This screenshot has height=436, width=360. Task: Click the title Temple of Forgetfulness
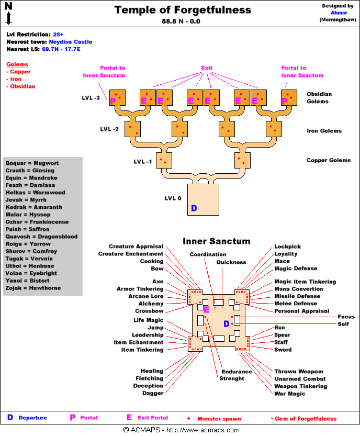(x=183, y=10)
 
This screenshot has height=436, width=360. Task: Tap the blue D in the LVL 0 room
(x=194, y=208)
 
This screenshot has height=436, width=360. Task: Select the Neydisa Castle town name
(x=71, y=42)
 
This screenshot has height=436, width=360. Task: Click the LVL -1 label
(x=142, y=162)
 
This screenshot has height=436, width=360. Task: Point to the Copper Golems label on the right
(x=329, y=160)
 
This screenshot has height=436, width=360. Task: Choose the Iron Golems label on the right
(x=324, y=131)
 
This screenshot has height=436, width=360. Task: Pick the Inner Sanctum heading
(x=216, y=241)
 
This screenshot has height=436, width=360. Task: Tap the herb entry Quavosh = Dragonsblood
(x=41, y=237)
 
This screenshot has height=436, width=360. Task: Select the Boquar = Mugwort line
(x=32, y=163)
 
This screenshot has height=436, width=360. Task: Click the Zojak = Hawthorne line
(x=33, y=288)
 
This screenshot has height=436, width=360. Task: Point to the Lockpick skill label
(x=287, y=247)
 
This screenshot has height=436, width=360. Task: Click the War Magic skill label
(x=289, y=394)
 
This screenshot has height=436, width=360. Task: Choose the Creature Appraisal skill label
(x=136, y=247)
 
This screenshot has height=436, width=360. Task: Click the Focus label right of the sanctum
(x=346, y=317)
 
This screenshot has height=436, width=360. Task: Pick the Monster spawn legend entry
(x=219, y=419)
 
